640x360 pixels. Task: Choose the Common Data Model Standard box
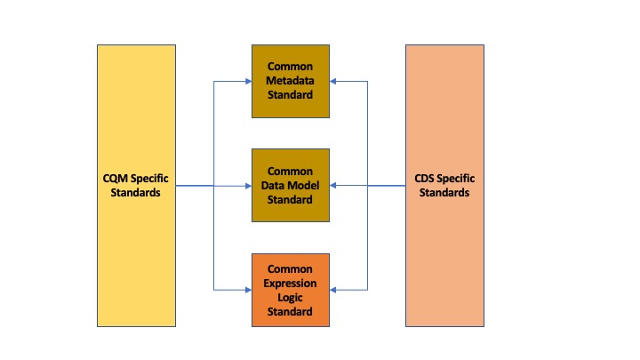click(290, 186)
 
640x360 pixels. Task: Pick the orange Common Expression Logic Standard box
click(290, 290)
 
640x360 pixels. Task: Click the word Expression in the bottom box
click(290, 284)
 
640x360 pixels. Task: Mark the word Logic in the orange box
click(290, 298)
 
